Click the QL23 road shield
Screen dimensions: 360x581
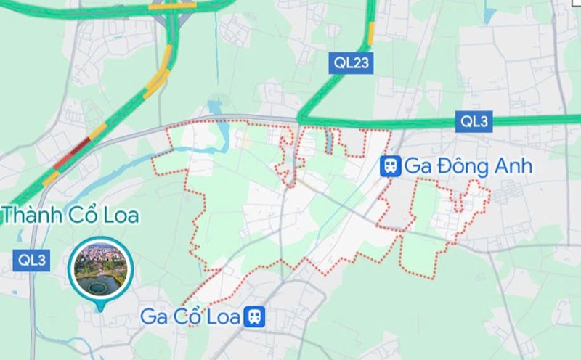352,62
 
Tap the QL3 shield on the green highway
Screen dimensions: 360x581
474,122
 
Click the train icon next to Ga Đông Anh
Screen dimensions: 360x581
391,166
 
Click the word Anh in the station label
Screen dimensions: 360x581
513,166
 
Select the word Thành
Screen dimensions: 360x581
30,216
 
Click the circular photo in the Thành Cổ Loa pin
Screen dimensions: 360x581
101,269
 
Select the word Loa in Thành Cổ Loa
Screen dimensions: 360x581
119,216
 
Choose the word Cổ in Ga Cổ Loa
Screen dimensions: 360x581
189,316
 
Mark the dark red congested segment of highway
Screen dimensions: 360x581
75,150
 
